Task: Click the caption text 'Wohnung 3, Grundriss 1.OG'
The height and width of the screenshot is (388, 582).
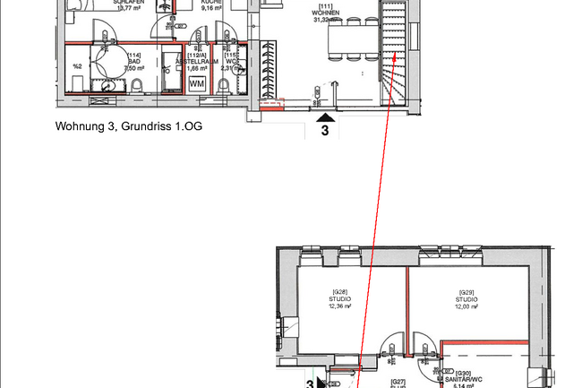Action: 128,126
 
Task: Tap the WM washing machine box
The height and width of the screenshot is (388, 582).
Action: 197,82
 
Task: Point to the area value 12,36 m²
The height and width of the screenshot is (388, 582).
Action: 339,306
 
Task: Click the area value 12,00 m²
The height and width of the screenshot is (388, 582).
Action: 466,306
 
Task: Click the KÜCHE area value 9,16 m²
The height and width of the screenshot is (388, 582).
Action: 210,8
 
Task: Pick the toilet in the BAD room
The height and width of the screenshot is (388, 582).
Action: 138,86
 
